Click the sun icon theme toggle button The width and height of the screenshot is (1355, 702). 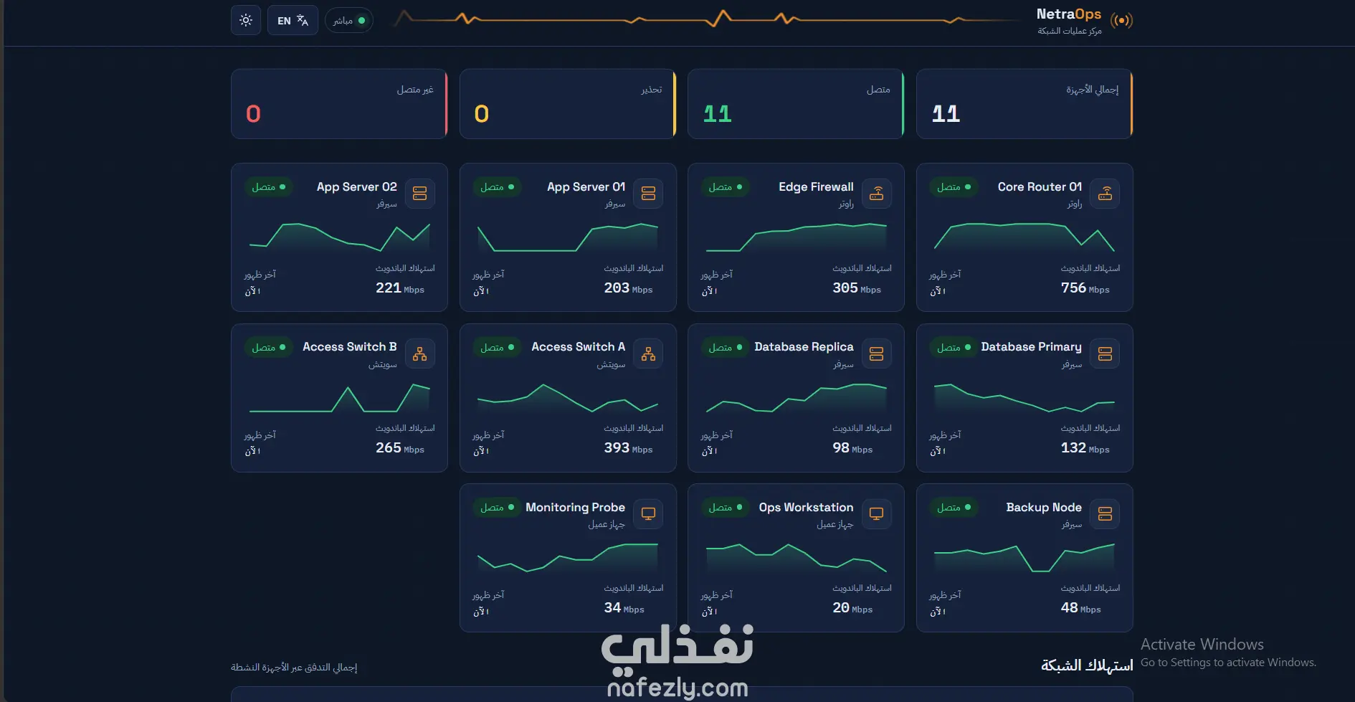click(x=246, y=20)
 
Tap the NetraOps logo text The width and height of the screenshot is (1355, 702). click(x=1068, y=14)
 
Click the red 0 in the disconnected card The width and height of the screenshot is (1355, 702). click(x=253, y=114)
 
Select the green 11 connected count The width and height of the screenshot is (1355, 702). click(x=717, y=114)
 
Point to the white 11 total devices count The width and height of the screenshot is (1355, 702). click(x=946, y=114)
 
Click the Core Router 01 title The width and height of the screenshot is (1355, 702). click(x=1040, y=187)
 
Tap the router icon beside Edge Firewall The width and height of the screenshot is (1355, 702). click(x=877, y=194)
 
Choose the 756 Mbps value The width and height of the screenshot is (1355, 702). click(x=1085, y=288)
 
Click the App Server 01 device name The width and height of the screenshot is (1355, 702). click(x=586, y=187)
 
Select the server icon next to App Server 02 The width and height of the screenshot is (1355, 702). click(x=420, y=194)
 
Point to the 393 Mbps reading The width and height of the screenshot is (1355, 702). click(x=628, y=448)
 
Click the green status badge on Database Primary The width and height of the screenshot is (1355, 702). click(x=954, y=348)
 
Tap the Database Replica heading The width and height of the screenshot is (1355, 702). click(x=804, y=347)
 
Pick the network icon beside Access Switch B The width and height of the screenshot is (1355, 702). click(x=420, y=354)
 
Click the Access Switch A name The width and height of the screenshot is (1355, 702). click(x=578, y=347)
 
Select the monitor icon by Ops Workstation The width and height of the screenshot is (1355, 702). click(x=877, y=513)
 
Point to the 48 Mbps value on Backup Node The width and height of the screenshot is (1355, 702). click(x=1080, y=608)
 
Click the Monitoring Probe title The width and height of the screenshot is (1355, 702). click(x=575, y=508)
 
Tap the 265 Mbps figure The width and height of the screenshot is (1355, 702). click(x=399, y=448)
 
